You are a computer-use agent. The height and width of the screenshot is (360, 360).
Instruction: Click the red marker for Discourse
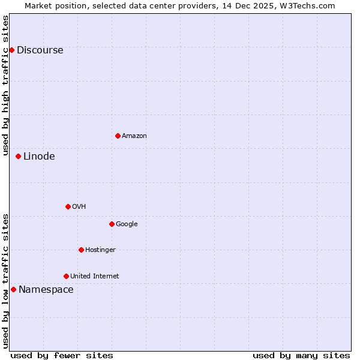pyautogui.click(x=11, y=50)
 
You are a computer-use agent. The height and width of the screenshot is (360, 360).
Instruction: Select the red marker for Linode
pyautogui.click(x=18, y=156)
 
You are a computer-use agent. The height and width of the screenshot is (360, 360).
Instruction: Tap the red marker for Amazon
pyautogui.click(x=118, y=136)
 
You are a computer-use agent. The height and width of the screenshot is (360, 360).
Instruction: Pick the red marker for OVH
pyautogui.click(x=68, y=206)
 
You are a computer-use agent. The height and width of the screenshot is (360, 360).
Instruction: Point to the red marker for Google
pyautogui.click(x=112, y=224)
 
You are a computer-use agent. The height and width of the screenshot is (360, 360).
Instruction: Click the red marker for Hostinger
pyautogui.click(x=81, y=250)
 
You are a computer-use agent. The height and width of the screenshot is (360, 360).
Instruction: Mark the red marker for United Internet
pyautogui.click(x=66, y=276)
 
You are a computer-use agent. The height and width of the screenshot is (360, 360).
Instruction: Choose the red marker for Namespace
pyautogui.click(x=13, y=289)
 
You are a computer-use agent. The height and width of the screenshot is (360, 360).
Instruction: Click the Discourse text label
pyautogui.click(x=40, y=50)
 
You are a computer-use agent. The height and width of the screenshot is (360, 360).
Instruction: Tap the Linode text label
pyautogui.click(x=39, y=157)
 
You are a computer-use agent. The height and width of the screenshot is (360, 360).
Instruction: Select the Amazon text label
pyautogui.click(x=134, y=136)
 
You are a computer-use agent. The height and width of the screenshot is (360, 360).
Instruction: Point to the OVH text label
pyautogui.click(x=79, y=207)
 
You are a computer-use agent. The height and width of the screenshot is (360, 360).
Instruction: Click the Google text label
pyautogui.click(x=127, y=224)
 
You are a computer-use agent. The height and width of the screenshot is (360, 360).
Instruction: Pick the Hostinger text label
pyautogui.click(x=100, y=250)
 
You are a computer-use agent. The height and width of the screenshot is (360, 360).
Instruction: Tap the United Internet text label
pyautogui.click(x=94, y=277)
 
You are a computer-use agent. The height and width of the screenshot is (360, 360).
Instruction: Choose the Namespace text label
pyautogui.click(x=46, y=290)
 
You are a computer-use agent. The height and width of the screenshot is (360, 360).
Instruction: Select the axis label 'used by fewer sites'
pyautogui.click(x=62, y=355)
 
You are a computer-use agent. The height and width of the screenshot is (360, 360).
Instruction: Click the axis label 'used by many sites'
pyautogui.click(x=301, y=355)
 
